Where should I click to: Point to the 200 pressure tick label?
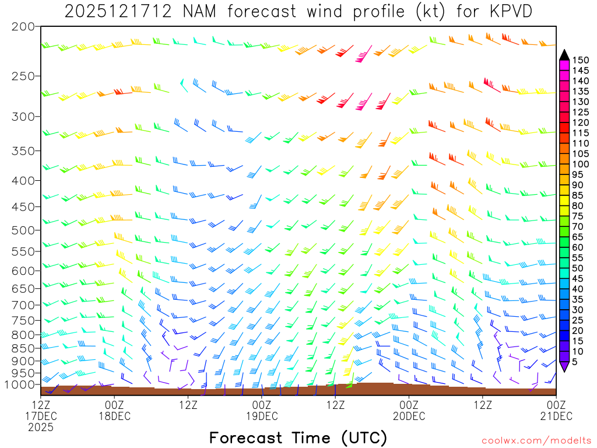point(23,27)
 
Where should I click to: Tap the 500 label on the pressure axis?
point(23,230)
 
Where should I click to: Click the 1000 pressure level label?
point(20,385)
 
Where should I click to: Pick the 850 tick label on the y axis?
point(23,349)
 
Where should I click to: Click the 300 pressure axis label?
point(23,117)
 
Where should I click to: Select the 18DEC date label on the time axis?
point(115,416)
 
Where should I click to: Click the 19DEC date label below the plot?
point(262,416)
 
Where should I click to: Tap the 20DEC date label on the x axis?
point(409,416)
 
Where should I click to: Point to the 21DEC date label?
point(556,416)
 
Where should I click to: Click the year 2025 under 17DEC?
point(41,427)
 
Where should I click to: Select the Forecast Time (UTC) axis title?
point(298,438)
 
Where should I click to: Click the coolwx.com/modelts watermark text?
point(536,440)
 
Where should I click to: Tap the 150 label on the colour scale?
point(581,60)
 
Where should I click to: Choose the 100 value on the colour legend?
point(581,164)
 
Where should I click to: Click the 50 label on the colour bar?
point(581,268)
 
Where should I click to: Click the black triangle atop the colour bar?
point(564,55)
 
